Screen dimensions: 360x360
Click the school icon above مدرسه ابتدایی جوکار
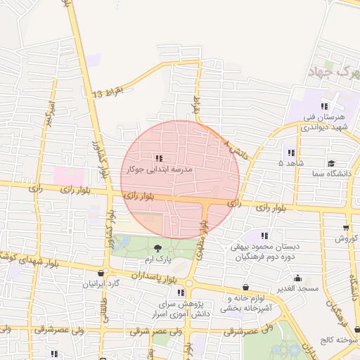(x=159, y=158)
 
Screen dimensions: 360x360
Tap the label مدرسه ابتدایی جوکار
(x=158, y=169)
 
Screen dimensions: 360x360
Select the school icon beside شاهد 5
(x=290, y=153)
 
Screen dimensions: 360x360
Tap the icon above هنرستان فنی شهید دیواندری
(x=323, y=106)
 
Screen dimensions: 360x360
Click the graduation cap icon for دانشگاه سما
(x=330, y=163)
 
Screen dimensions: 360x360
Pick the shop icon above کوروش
(x=346, y=228)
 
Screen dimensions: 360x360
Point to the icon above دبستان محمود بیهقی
(x=264, y=236)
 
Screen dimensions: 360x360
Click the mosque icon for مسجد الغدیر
(x=298, y=278)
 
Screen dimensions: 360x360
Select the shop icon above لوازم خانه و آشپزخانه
(x=245, y=287)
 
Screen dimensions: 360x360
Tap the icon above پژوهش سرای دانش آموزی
(x=181, y=292)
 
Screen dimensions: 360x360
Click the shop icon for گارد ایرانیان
(x=102, y=274)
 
